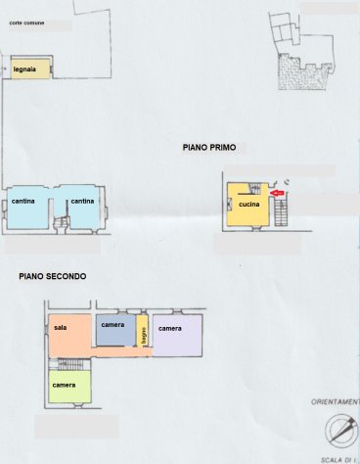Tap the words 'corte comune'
[x=25, y=21]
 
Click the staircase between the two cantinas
[x=61, y=223]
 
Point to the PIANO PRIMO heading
[x=208, y=147]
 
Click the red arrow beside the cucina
[x=276, y=195]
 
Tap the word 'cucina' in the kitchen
[x=248, y=205]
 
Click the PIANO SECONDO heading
[x=52, y=277]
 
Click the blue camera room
[x=114, y=331]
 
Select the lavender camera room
[x=176, y=335]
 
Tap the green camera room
[x=69, y=386]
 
